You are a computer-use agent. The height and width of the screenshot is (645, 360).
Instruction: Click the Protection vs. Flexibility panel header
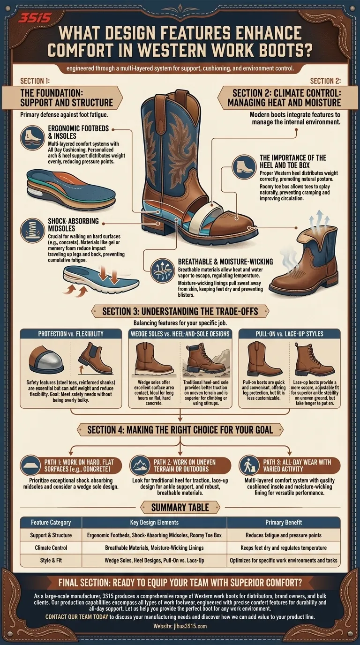[x=70, y=334]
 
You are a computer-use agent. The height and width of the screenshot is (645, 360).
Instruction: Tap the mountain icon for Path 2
[x=142, y=465]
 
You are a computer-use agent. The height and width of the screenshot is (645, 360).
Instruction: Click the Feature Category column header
[x=51, y=522]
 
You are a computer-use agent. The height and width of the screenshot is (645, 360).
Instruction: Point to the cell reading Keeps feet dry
[x=283, y=547]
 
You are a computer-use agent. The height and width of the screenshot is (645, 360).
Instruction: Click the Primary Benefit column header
[x=283, y=522]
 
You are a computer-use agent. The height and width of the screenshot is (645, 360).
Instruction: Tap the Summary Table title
[x=180, y=507]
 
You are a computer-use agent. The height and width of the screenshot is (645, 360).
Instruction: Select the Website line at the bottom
[x=180, y=626]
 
